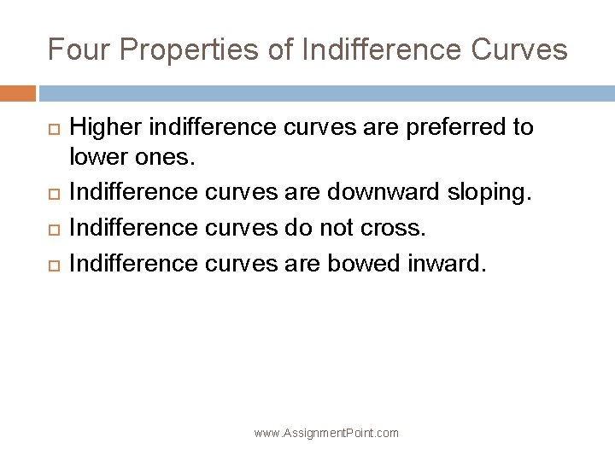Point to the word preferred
pos(442,129)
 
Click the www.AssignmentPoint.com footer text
pos(327,434)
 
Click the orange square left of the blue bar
pos(18,92)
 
